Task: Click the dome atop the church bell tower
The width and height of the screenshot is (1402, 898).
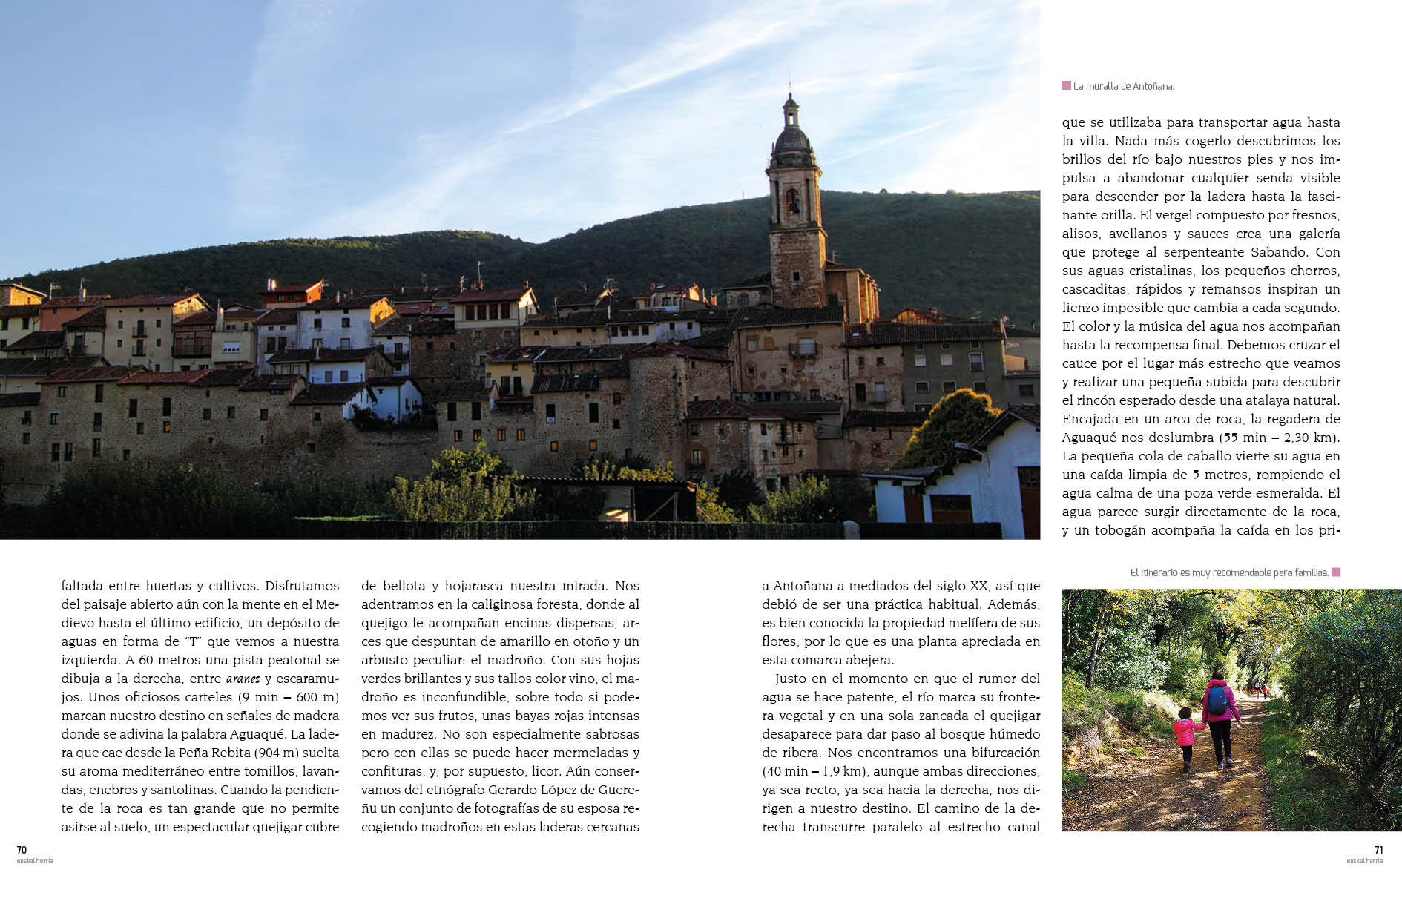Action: click(x=792, y=139)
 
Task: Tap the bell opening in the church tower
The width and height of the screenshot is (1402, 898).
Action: click(x=793, y=200)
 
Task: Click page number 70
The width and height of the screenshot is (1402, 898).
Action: click(x=22, y=851)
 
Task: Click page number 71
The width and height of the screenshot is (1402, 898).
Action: click(x=1378, y=851)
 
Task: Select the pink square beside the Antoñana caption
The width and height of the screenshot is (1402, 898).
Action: click(x=1067, y=86)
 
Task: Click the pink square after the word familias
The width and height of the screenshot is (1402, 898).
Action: click(x=1336, y=572)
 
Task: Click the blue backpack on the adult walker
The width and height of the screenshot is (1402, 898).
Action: click(x=1217, y=699)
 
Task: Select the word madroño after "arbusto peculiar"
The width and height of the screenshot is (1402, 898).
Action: click(x=522, y=660)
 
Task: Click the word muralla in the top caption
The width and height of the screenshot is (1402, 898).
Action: click(x=1104, y=86)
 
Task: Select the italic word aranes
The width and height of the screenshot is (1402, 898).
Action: click(x=243, y=679)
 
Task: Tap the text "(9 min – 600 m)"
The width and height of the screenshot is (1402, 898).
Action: click(x=289, y=697)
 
